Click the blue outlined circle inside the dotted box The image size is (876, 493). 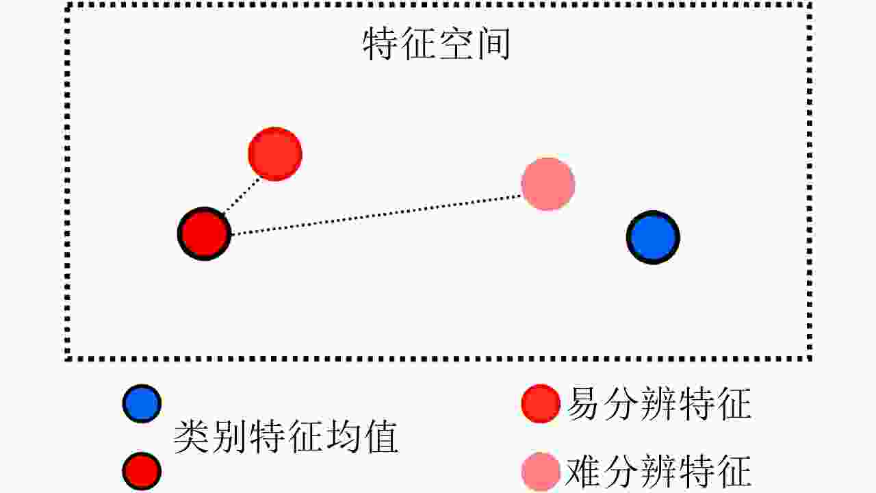click(653, 237)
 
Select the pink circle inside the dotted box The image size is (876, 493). click(548, 184)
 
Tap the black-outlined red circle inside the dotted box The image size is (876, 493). click(204, 233)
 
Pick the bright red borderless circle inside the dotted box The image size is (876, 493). click(275, 154)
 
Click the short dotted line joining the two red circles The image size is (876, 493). click(242, 196)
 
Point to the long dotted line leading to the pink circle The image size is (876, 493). click(376, 215)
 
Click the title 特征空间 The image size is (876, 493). click(437, 43)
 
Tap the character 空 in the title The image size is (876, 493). click(456, 43)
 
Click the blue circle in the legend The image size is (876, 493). click(142, 403)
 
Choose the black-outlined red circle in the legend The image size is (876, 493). click(142, 471)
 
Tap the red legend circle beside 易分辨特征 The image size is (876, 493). click(541, 403)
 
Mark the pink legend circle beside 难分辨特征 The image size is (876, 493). click(541, 472)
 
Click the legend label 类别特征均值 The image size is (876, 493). click(286, 437)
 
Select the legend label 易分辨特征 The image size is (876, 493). click(659, 403)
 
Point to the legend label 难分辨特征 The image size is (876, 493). click(659, 471)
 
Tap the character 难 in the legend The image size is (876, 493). click(582, 471)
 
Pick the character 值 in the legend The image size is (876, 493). click(381, 437)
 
